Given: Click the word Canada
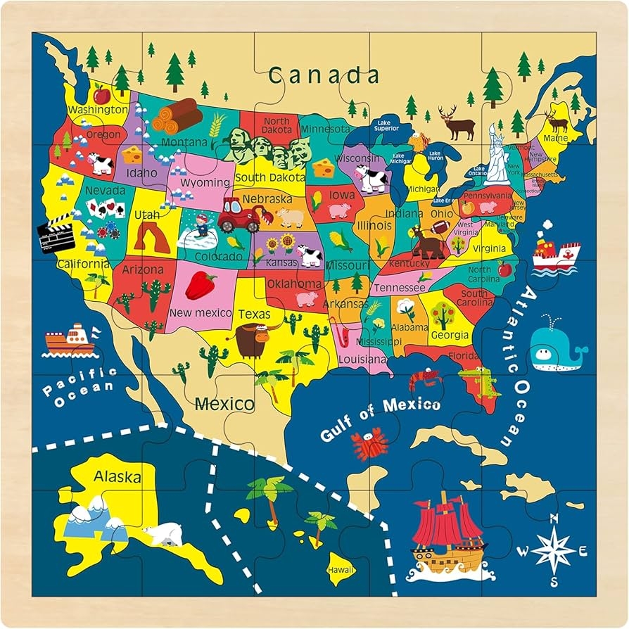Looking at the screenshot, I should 324,75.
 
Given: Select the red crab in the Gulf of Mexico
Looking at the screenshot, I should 369,445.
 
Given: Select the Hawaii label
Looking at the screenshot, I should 341,569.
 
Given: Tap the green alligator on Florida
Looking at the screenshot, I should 479,381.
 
